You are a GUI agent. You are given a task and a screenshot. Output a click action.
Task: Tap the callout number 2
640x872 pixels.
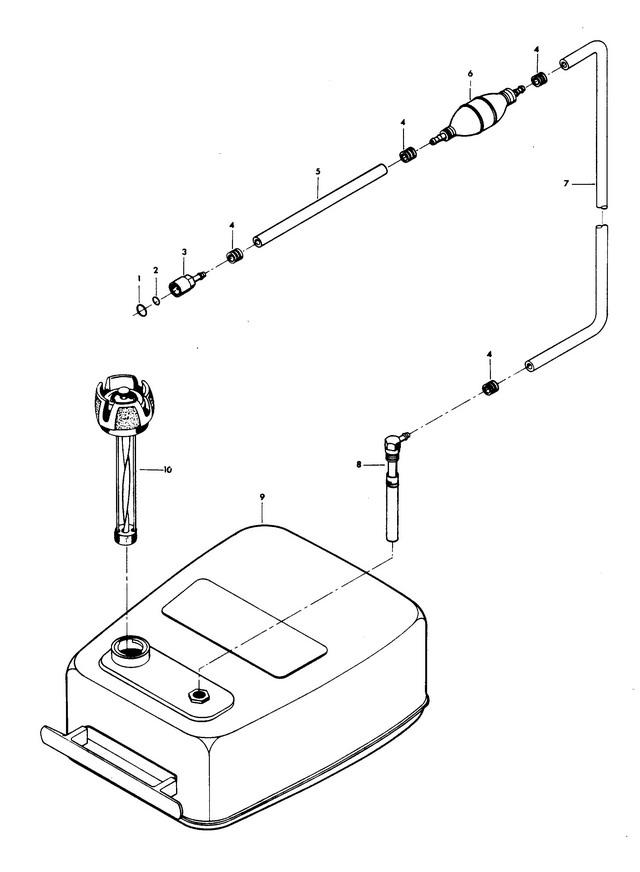[156, 270]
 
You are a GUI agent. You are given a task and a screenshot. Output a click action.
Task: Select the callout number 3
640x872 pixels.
[184, 252]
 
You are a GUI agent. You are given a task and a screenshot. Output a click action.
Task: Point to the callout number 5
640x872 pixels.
[317, 171]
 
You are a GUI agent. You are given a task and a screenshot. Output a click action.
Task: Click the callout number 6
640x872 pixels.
[470, 73]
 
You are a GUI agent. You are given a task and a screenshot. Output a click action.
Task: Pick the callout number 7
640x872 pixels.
[566, 183]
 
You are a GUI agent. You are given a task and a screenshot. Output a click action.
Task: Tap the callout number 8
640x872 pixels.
[359, 464]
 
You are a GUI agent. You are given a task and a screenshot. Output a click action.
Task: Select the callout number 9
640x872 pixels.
[262, 497]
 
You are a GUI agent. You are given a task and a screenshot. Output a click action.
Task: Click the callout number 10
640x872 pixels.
[167, 470]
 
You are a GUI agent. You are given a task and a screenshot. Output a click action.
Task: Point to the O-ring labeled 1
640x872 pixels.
[142, 310]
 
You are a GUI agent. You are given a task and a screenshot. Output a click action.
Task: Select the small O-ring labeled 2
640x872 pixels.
[157, 301]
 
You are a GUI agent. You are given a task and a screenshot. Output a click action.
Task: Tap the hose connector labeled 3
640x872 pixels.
[187, 284]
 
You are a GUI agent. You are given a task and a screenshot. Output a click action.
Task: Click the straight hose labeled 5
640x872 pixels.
[320, 205]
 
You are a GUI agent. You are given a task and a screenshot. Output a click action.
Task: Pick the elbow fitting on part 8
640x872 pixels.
[395, 445]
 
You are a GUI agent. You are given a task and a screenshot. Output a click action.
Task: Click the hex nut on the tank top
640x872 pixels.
[198, 695]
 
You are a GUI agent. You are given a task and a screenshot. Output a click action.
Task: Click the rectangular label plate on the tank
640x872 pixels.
[244, 628]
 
